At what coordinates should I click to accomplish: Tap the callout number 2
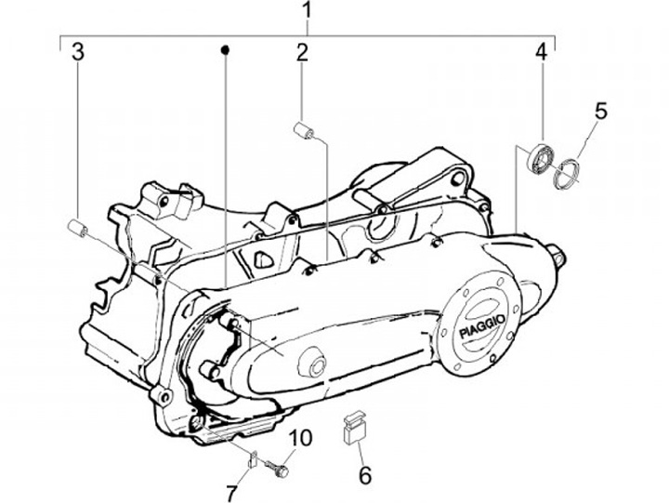pos(302,53)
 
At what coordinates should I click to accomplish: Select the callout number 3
pos(78,52)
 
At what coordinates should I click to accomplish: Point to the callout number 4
pos(541,52)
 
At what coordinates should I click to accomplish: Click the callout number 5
pos(599,111)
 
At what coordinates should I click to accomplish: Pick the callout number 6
pos(364,475)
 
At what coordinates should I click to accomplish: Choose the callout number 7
pos(230,494)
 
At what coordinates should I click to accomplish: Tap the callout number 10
pos(300,439)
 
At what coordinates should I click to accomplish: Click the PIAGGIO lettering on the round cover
pos(482,325)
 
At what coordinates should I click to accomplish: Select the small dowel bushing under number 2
pos(304,131)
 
